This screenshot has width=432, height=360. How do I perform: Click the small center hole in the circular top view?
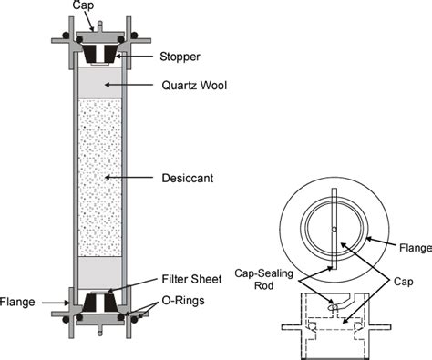click(334, 229)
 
